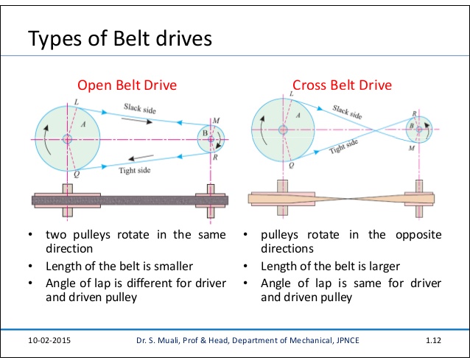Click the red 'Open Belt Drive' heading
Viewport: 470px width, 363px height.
click(127, 85)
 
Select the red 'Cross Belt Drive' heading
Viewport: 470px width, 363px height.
click(342, 85)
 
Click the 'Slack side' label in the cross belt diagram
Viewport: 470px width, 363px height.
click(348, 112)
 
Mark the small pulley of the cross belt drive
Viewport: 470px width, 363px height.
click(419, 129)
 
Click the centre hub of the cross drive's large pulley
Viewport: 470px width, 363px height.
click(284, 130)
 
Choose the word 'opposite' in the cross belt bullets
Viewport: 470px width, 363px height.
click(416, 235)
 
